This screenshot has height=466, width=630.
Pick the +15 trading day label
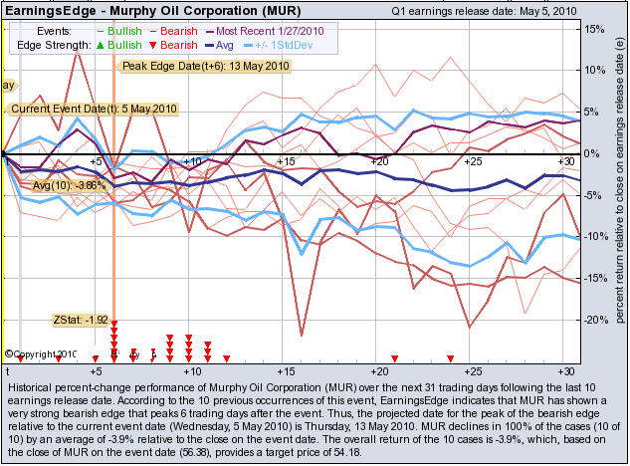point(285,161)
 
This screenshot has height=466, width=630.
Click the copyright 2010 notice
point(40,353)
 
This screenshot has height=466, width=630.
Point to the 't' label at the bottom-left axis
point(7,369)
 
